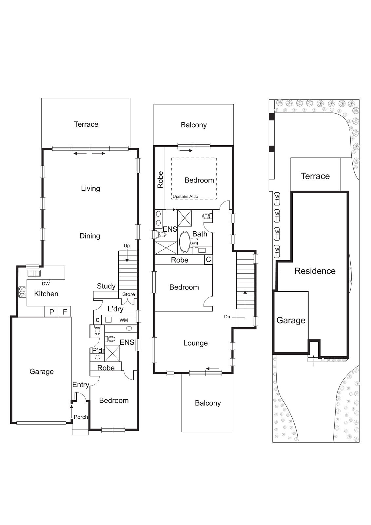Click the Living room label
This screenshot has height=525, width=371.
tap(90, 188)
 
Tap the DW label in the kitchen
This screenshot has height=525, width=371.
tap(46, 283)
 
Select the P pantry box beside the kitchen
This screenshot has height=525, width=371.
tap(51, 312)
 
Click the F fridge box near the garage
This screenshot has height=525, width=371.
tap(65, 312)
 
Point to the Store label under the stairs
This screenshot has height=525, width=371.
tap(128, 294)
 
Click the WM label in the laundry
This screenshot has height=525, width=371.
tap(124, 320)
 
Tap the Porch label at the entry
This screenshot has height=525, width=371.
tap(81, 417)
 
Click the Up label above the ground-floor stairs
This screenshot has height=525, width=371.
tap(127, 245)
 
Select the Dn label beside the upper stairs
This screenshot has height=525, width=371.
tap(227, 317)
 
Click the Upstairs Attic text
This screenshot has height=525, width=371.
tap(185, 197)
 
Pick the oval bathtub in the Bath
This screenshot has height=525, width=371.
tap(185, 242)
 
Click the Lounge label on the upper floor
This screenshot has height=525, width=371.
tap(195, 343)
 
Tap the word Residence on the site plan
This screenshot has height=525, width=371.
tap(315, 271)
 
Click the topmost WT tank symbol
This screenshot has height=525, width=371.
tap(277, 199)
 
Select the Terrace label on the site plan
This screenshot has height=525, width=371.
tap(315, 176)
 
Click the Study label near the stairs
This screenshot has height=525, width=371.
tap(106, 286)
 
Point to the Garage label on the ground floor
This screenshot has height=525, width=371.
tap(41, 371)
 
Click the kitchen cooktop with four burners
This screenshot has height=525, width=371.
tap(22, 292)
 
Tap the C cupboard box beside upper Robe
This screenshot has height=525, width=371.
tap(208, 260)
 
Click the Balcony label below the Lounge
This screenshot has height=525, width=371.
tap(208, 403)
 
